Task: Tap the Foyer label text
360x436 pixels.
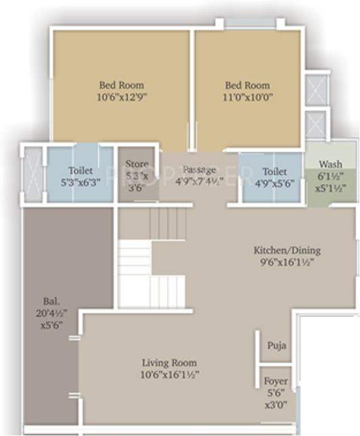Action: [x=276, y=381]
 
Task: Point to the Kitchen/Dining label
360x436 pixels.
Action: [x=277, y=248]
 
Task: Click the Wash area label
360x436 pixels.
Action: [x=330, y=164]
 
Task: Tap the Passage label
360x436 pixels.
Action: [x=199, y=169]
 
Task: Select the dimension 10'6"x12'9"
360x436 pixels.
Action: [x=122, y=97]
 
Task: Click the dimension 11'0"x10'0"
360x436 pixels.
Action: [x=247, y=97]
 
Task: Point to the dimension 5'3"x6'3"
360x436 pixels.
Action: [x=80, y=183]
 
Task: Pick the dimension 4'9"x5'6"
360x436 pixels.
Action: [x=274, y=183]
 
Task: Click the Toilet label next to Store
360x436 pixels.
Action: [x=80, y=171]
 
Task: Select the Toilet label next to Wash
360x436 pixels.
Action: [x=274, y=172]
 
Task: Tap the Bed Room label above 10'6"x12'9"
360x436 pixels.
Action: [x=122, y=85]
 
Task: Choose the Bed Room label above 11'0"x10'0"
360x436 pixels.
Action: [x=247, y=85]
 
